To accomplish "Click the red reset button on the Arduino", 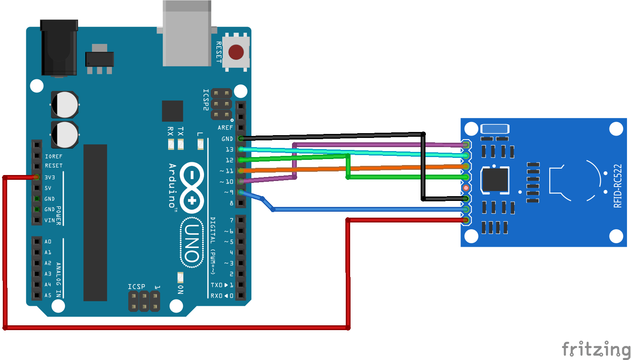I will [236, 52].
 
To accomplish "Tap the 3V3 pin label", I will [50, 177].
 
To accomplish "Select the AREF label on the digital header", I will [225, 128].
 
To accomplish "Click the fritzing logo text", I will [596, 349].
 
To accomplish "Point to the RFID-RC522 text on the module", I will [617, 186].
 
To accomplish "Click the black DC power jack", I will [59, 48].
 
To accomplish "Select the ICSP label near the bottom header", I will [136, 287].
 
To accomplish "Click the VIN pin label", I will [50, 220].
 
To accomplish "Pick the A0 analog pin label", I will [48, 242].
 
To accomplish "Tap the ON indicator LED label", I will [180, 289].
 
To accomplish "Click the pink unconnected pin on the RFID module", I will [466, 187].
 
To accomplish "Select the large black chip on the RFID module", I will [495, 180].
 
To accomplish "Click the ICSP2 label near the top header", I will [206, 100].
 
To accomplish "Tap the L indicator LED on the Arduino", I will [200, 144].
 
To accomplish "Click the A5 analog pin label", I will [48, 295].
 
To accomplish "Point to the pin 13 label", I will [229, 150].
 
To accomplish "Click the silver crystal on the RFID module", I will [495, 129].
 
